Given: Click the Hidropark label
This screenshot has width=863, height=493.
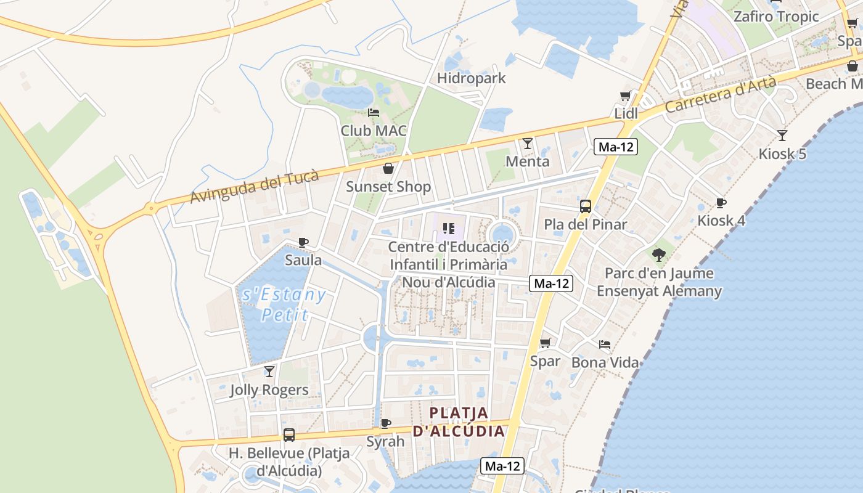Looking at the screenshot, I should (471, 78).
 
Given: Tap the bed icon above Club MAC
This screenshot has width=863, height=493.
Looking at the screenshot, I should (374, 113).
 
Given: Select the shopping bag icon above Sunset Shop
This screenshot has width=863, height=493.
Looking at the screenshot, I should (388, 168).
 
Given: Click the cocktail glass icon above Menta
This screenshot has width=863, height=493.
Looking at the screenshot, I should (527, 144).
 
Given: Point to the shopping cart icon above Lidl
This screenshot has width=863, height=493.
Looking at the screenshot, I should (626, 96).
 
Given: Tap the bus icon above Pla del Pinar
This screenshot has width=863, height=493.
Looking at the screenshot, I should (585, 206).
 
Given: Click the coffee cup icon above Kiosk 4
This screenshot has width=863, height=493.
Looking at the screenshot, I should (721, 203).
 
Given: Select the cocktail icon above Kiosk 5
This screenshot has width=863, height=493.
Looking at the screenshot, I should (782, 136).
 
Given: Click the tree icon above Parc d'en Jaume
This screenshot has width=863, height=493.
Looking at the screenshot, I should (659, 255).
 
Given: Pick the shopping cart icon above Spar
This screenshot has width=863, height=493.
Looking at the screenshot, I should (545, 343).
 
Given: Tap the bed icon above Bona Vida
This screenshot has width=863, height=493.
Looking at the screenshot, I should (605, 344).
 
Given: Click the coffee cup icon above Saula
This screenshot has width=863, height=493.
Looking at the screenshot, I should (303, 242).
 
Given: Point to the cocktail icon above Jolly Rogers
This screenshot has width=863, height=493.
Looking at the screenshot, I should (269, 372).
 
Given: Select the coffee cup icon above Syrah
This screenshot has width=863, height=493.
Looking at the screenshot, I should (385, 423).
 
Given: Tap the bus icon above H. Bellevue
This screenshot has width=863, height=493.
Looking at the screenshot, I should (288, 435).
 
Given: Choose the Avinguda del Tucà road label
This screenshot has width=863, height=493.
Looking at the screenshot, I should (254, 187).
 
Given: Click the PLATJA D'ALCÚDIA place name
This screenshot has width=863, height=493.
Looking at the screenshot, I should (459, 422).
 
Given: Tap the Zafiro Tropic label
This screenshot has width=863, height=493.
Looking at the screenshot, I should (775, 17).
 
